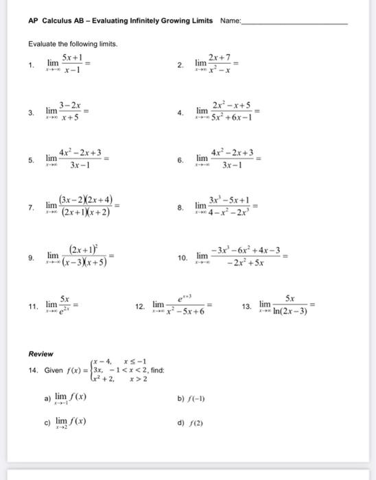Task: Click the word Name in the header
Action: click(x=230, y=21)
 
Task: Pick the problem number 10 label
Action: click(x=183, y=258)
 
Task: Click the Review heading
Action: click(x=40, y=354)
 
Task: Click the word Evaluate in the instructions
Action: click(x=41, y=44)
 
